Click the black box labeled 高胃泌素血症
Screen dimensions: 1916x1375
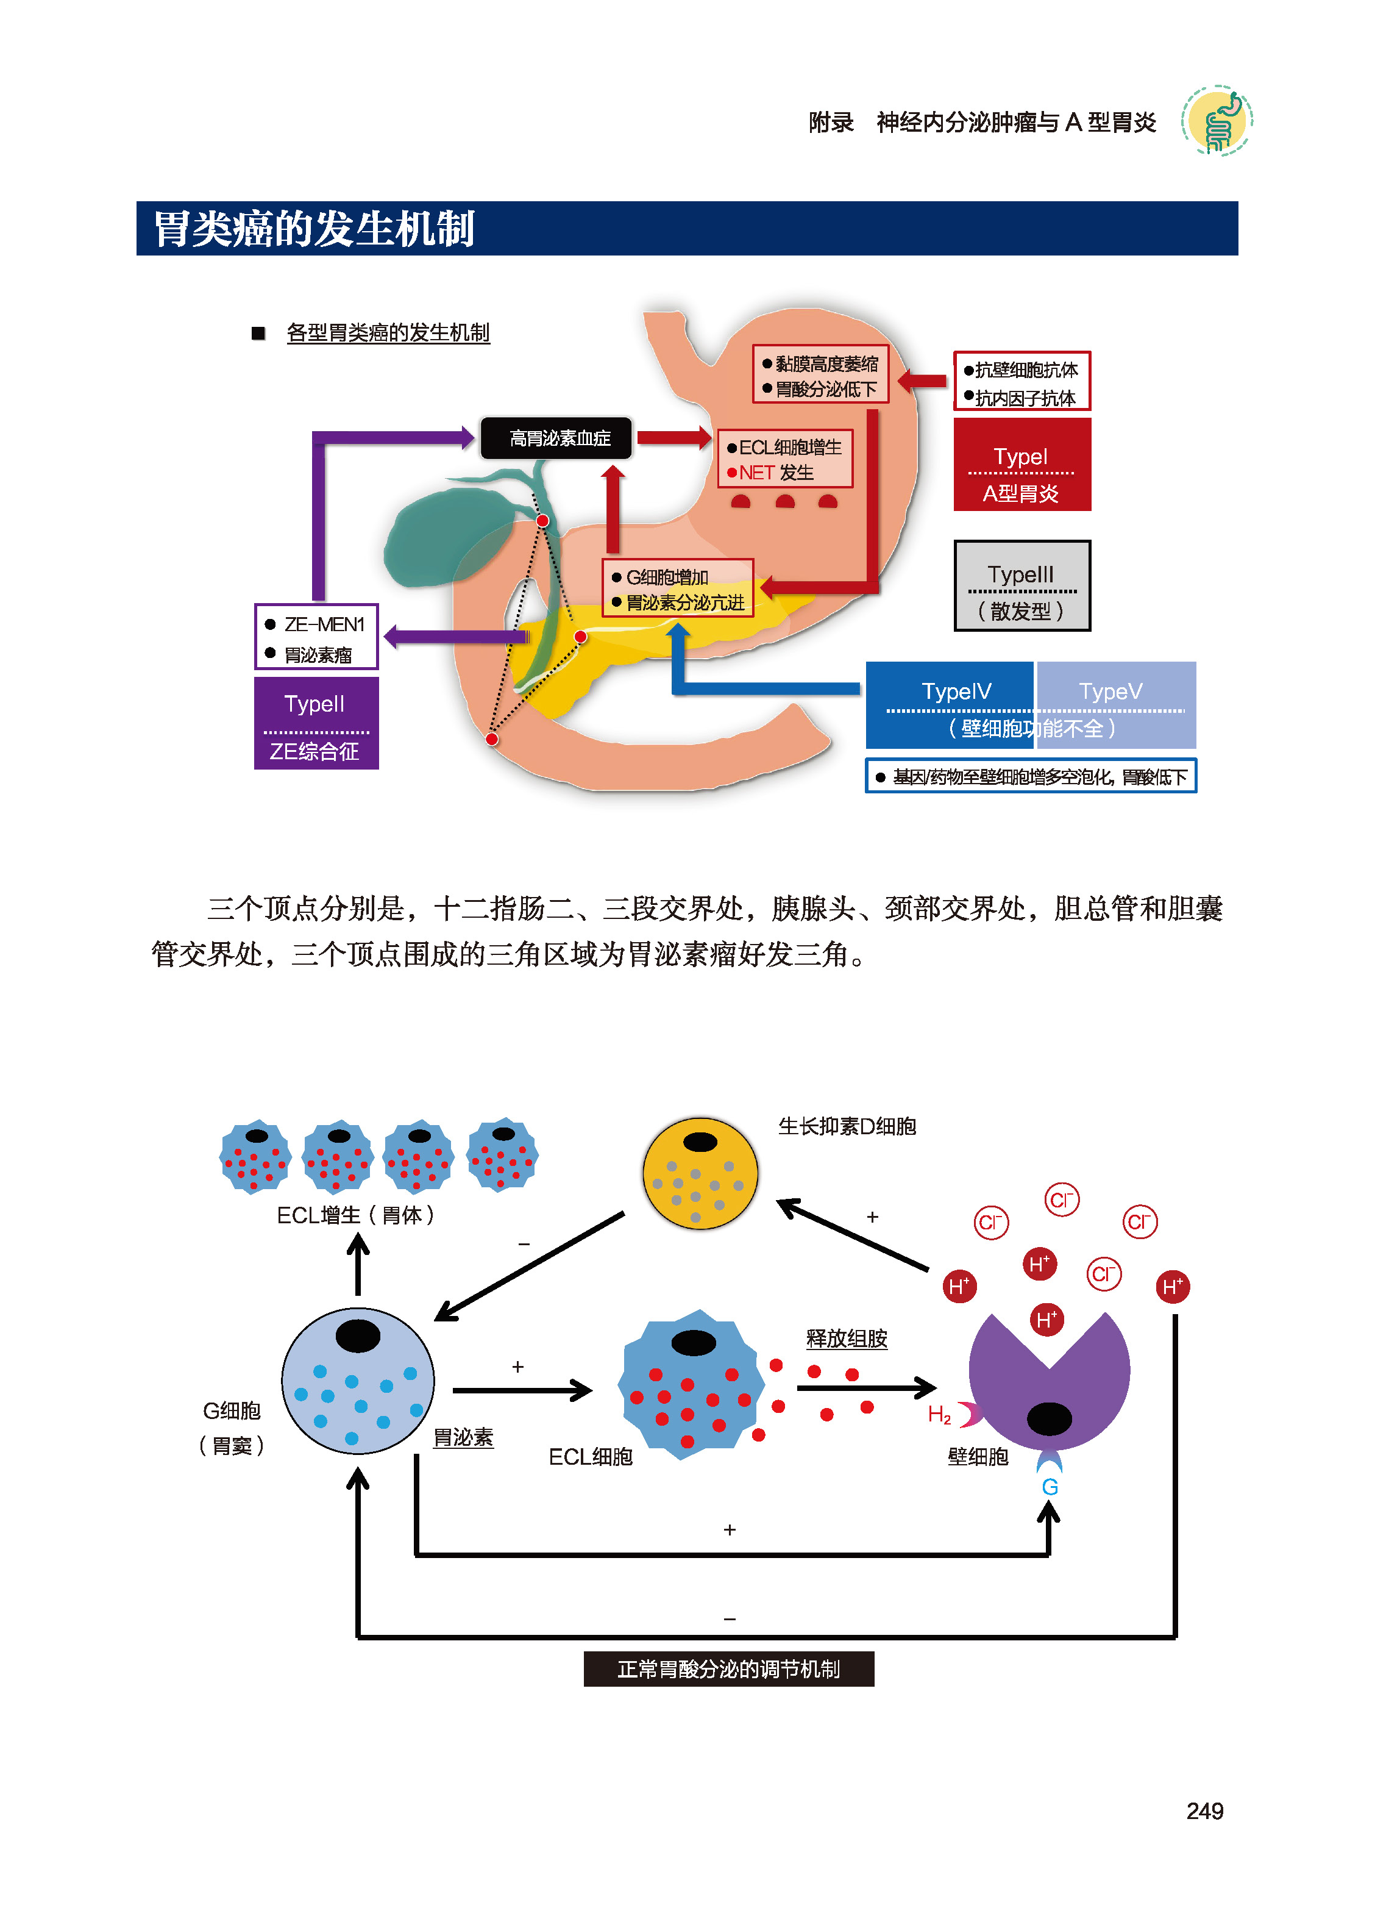point(556,438)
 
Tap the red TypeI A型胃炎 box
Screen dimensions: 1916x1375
point(1021,465)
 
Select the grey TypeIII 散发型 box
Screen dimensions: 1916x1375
point(1021,585)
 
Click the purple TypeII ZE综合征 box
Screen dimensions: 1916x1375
point(316,723)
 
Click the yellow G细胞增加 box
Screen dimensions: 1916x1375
point(677,588)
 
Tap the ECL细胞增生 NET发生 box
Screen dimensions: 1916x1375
point(784,459)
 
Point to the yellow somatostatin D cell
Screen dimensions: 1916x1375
point(700,1173)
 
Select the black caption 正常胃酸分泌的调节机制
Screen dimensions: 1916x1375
point(728,1669)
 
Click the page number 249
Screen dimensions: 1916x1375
point(1204,1811)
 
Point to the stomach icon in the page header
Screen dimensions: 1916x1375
point(1216,121)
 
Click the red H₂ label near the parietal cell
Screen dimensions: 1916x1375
point(939,1414)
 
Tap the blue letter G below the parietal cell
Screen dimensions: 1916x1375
point(1049,1487)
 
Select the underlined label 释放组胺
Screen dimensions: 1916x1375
point(847,1338)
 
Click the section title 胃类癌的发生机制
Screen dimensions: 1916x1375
point(314,229)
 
